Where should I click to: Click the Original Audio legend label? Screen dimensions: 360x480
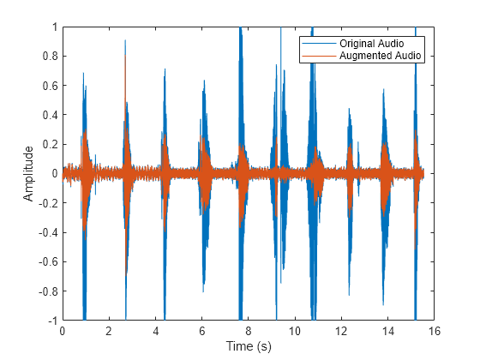click(x=370, y=43)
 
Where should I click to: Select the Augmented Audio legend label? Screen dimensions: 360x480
click(x=375, y=55)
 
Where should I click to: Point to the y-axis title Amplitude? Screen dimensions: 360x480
click(x=29, y=173)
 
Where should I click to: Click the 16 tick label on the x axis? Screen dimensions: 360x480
click(x=435, y=330)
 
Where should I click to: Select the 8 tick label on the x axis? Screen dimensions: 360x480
click(x=249, y=330)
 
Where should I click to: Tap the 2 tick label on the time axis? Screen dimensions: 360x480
click(x=109, y=330)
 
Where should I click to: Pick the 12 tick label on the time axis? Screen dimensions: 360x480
click(x=341, y=330)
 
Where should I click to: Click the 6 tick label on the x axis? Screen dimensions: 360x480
click(x=202, y=330)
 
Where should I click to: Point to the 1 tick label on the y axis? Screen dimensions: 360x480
click(x=53, y=27)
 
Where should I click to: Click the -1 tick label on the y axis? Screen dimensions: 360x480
click(x=51, y=320)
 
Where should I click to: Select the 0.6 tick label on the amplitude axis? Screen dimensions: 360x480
click(x=49, y=86)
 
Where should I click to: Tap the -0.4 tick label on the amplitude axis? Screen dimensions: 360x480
click(x=47, y=232)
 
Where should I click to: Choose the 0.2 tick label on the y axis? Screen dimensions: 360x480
click(x=49, y=144)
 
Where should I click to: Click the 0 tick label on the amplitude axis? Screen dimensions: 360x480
click(x=53, y=173)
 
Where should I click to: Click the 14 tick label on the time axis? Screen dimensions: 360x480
click(x=388, y=330)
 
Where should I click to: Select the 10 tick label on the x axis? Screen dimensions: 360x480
click(x=295, y=330)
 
